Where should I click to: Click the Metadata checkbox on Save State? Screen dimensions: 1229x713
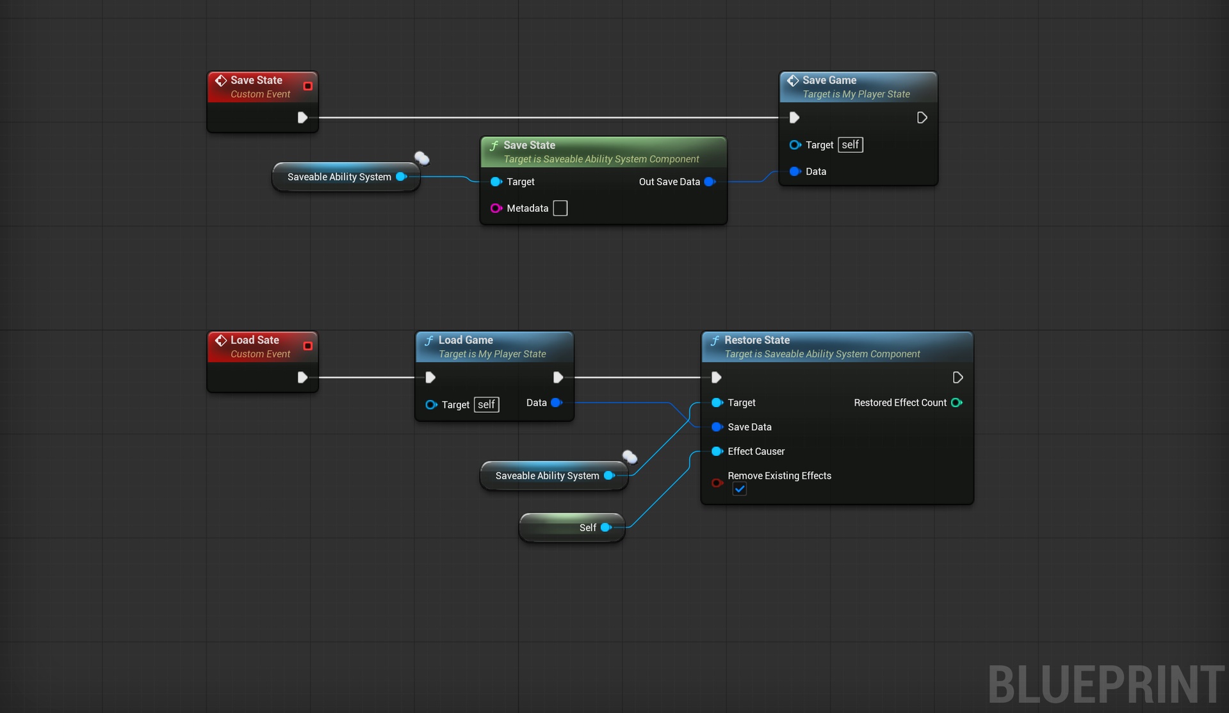tap(560, 208)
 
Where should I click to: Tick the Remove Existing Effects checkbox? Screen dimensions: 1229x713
tap(740, 489)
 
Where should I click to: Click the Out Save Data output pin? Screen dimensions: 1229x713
tap(710, 182)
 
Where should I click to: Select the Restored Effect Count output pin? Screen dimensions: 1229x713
tap(957, 403)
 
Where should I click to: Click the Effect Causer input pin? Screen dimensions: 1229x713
tap(717, 451)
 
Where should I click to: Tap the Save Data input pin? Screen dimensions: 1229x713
tap(717, 427)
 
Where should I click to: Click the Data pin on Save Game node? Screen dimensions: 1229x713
tap(795, 172)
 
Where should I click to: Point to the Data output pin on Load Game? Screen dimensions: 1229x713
tap(557, 403)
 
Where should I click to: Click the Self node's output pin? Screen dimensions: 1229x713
tap(606, 527)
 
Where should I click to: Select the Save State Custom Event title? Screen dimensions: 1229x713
tap(256, 80)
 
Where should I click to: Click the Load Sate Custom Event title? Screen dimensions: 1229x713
tap(255, 340)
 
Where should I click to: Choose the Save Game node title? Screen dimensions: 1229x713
tap(829, 80)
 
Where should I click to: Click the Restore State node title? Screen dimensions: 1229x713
tap(757, 340)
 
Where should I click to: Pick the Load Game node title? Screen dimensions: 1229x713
tap(466, 340)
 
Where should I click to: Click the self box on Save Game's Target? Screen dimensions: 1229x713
tap(851, 145)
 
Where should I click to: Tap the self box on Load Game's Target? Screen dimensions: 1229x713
tap(487, 405)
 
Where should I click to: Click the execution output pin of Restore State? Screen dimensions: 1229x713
tap(958, 378)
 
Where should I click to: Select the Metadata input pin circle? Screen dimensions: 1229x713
tap(496, 208)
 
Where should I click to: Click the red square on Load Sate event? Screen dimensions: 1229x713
tap(308, 346)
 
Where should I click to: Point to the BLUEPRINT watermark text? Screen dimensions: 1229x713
tap(1107, 684)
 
